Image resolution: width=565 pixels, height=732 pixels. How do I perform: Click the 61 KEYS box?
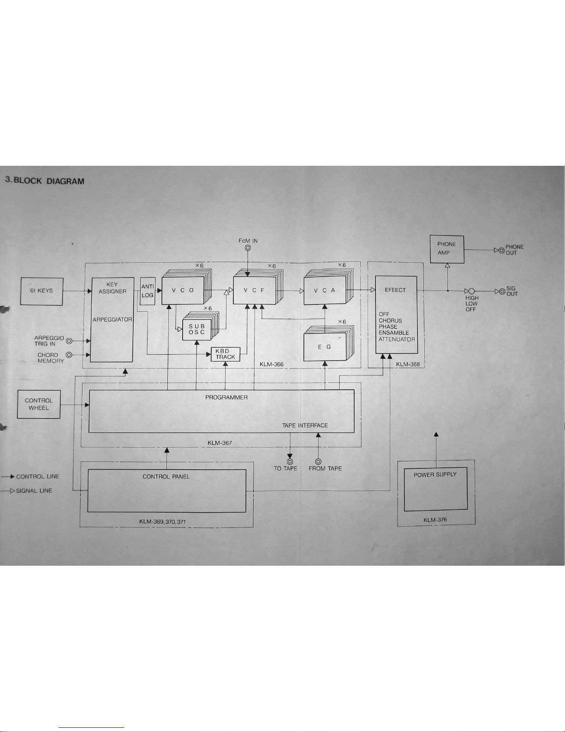[x=42, y=291]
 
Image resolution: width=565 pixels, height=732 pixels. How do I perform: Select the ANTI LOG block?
[x=148, y=291]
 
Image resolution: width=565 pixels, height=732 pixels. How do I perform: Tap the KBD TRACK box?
[x=226, y=354]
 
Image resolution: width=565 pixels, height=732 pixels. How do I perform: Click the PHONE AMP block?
[x=446, y=249]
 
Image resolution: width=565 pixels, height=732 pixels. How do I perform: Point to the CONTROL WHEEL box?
[x=39, y=404]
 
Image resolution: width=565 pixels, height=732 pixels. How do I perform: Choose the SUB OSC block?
[x=197, y=329]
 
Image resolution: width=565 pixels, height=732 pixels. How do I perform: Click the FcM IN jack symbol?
[x=248, y=248]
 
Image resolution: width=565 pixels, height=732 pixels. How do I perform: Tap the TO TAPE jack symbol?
[x=290, y=461]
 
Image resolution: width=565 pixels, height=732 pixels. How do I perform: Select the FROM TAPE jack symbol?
[x=318, y=461]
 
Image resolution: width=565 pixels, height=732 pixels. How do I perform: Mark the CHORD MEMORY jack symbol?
[x=69, y=355]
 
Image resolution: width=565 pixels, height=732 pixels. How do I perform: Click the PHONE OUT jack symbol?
[x=502, y=250]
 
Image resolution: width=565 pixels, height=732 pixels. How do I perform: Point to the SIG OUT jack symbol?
[x=502, y=291]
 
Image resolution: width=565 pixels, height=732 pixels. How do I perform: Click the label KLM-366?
[x=272, y=364]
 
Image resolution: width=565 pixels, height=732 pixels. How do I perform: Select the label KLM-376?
[x=435, y=520]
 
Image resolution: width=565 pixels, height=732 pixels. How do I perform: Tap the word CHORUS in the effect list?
[x=390, y=321]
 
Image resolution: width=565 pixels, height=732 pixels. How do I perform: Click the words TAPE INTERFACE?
[x=305, y=425]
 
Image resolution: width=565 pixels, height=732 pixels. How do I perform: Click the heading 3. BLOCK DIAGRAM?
[x=45, y=181]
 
